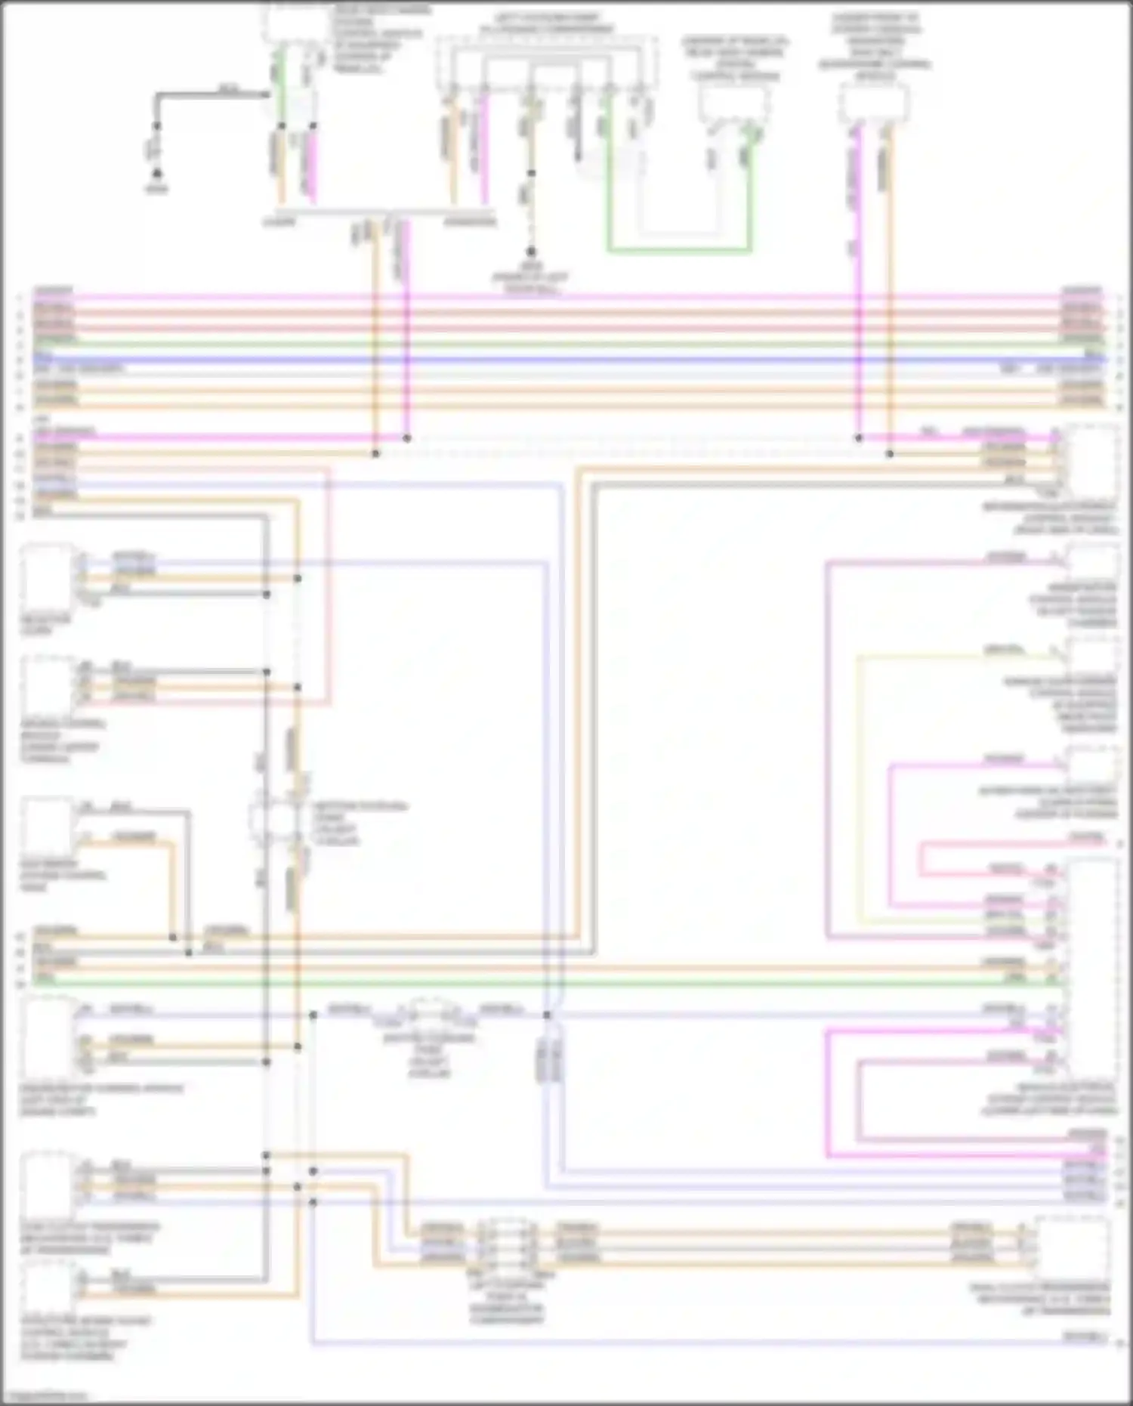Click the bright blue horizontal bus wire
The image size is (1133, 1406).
(x=566, y=360)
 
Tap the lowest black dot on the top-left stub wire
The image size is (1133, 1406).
(x=157, y=174)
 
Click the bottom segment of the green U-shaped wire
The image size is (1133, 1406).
(x=680, y=250)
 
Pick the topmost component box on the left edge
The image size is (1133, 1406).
(x=47, y=578)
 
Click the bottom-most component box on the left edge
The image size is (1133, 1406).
(x=47, y=1288)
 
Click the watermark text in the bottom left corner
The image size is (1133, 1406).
(x=44, y=1396)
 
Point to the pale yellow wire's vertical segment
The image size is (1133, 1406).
(x=859, y=786)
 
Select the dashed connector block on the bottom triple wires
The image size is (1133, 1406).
(x=508, y=1243)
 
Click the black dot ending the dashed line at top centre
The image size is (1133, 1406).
(x=531, y=252)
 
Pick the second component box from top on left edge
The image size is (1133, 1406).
(x=47, y=684)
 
